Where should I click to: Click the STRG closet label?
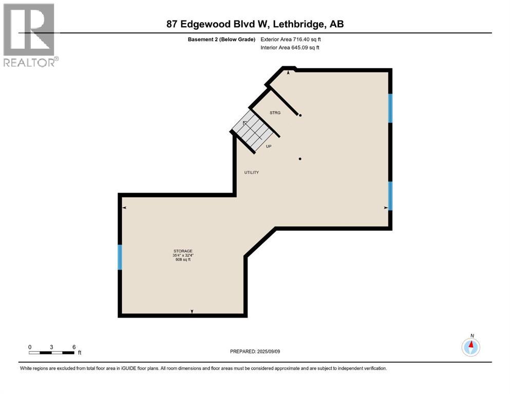tap(275, 113)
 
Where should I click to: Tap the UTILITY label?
tap(251, 172)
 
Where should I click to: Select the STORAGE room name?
tap(182, 251)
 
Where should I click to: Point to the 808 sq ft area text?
tap(182, 260)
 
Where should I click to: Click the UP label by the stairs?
tap(269, 146)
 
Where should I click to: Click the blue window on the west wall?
tap(120, 257)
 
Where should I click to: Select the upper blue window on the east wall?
tap(390, 108)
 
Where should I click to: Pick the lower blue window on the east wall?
tap(390, 196)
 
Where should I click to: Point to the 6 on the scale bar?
tap(74, 347)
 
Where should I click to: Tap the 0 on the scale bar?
tap(30, 347)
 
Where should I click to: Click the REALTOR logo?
tap(29, 34)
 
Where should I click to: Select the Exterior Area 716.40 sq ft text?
tap(294, 39)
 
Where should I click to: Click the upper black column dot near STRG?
tap(300, 115)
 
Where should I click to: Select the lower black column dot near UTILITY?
tap(300, 159)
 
